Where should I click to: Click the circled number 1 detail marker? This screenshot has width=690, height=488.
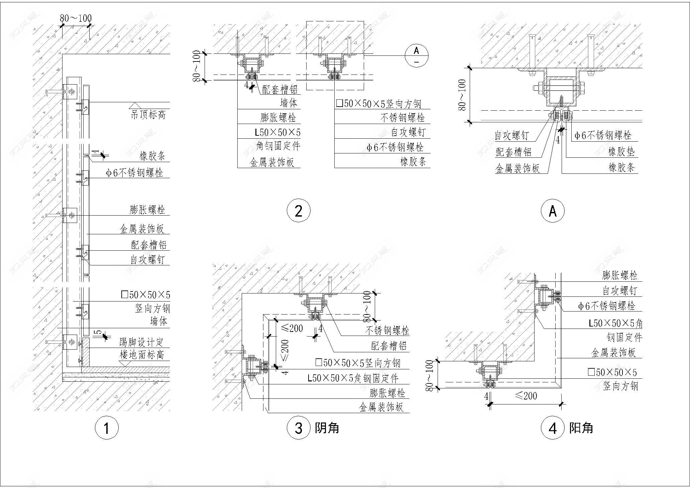[107, 428]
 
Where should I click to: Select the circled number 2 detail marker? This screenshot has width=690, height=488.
[299, 211]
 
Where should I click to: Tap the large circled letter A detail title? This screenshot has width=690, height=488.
[553, 211]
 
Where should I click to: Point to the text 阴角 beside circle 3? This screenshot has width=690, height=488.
[327, 428]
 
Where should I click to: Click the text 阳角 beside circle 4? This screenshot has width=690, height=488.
[581, 428]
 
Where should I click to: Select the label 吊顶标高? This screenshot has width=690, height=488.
[148, 115]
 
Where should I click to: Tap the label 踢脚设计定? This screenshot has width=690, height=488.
[141, 342]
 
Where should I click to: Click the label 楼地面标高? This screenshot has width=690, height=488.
[142, 355]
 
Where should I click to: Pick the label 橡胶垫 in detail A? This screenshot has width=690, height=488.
[621, 152]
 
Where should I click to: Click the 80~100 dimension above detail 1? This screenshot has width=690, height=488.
[76, 18]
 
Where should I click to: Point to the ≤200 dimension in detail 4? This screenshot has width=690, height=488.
[526, 396]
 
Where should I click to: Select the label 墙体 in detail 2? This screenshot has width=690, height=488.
[289, 103]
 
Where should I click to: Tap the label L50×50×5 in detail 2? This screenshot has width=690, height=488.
[277, 133]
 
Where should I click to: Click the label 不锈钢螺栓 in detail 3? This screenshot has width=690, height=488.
[387, 331]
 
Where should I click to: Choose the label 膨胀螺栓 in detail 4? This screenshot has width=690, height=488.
[619, 275]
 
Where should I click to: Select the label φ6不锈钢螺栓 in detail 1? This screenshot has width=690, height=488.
[134, 173]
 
